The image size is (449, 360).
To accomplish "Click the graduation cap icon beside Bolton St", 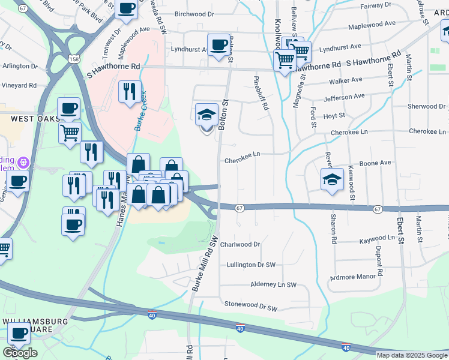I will tap(206, 115).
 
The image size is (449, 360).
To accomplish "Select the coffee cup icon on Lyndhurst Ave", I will tap(219, 44).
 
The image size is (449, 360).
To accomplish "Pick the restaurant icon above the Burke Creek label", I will tap(130, 92).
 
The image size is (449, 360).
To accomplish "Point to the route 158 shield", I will tap(74, 59).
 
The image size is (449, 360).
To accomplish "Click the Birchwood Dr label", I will tap(194, 13).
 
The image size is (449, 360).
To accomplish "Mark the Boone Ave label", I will tap(375, 163).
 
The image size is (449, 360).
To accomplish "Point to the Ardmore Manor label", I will tap(357, 278).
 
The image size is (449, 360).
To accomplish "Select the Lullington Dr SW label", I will tap(251, 265).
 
